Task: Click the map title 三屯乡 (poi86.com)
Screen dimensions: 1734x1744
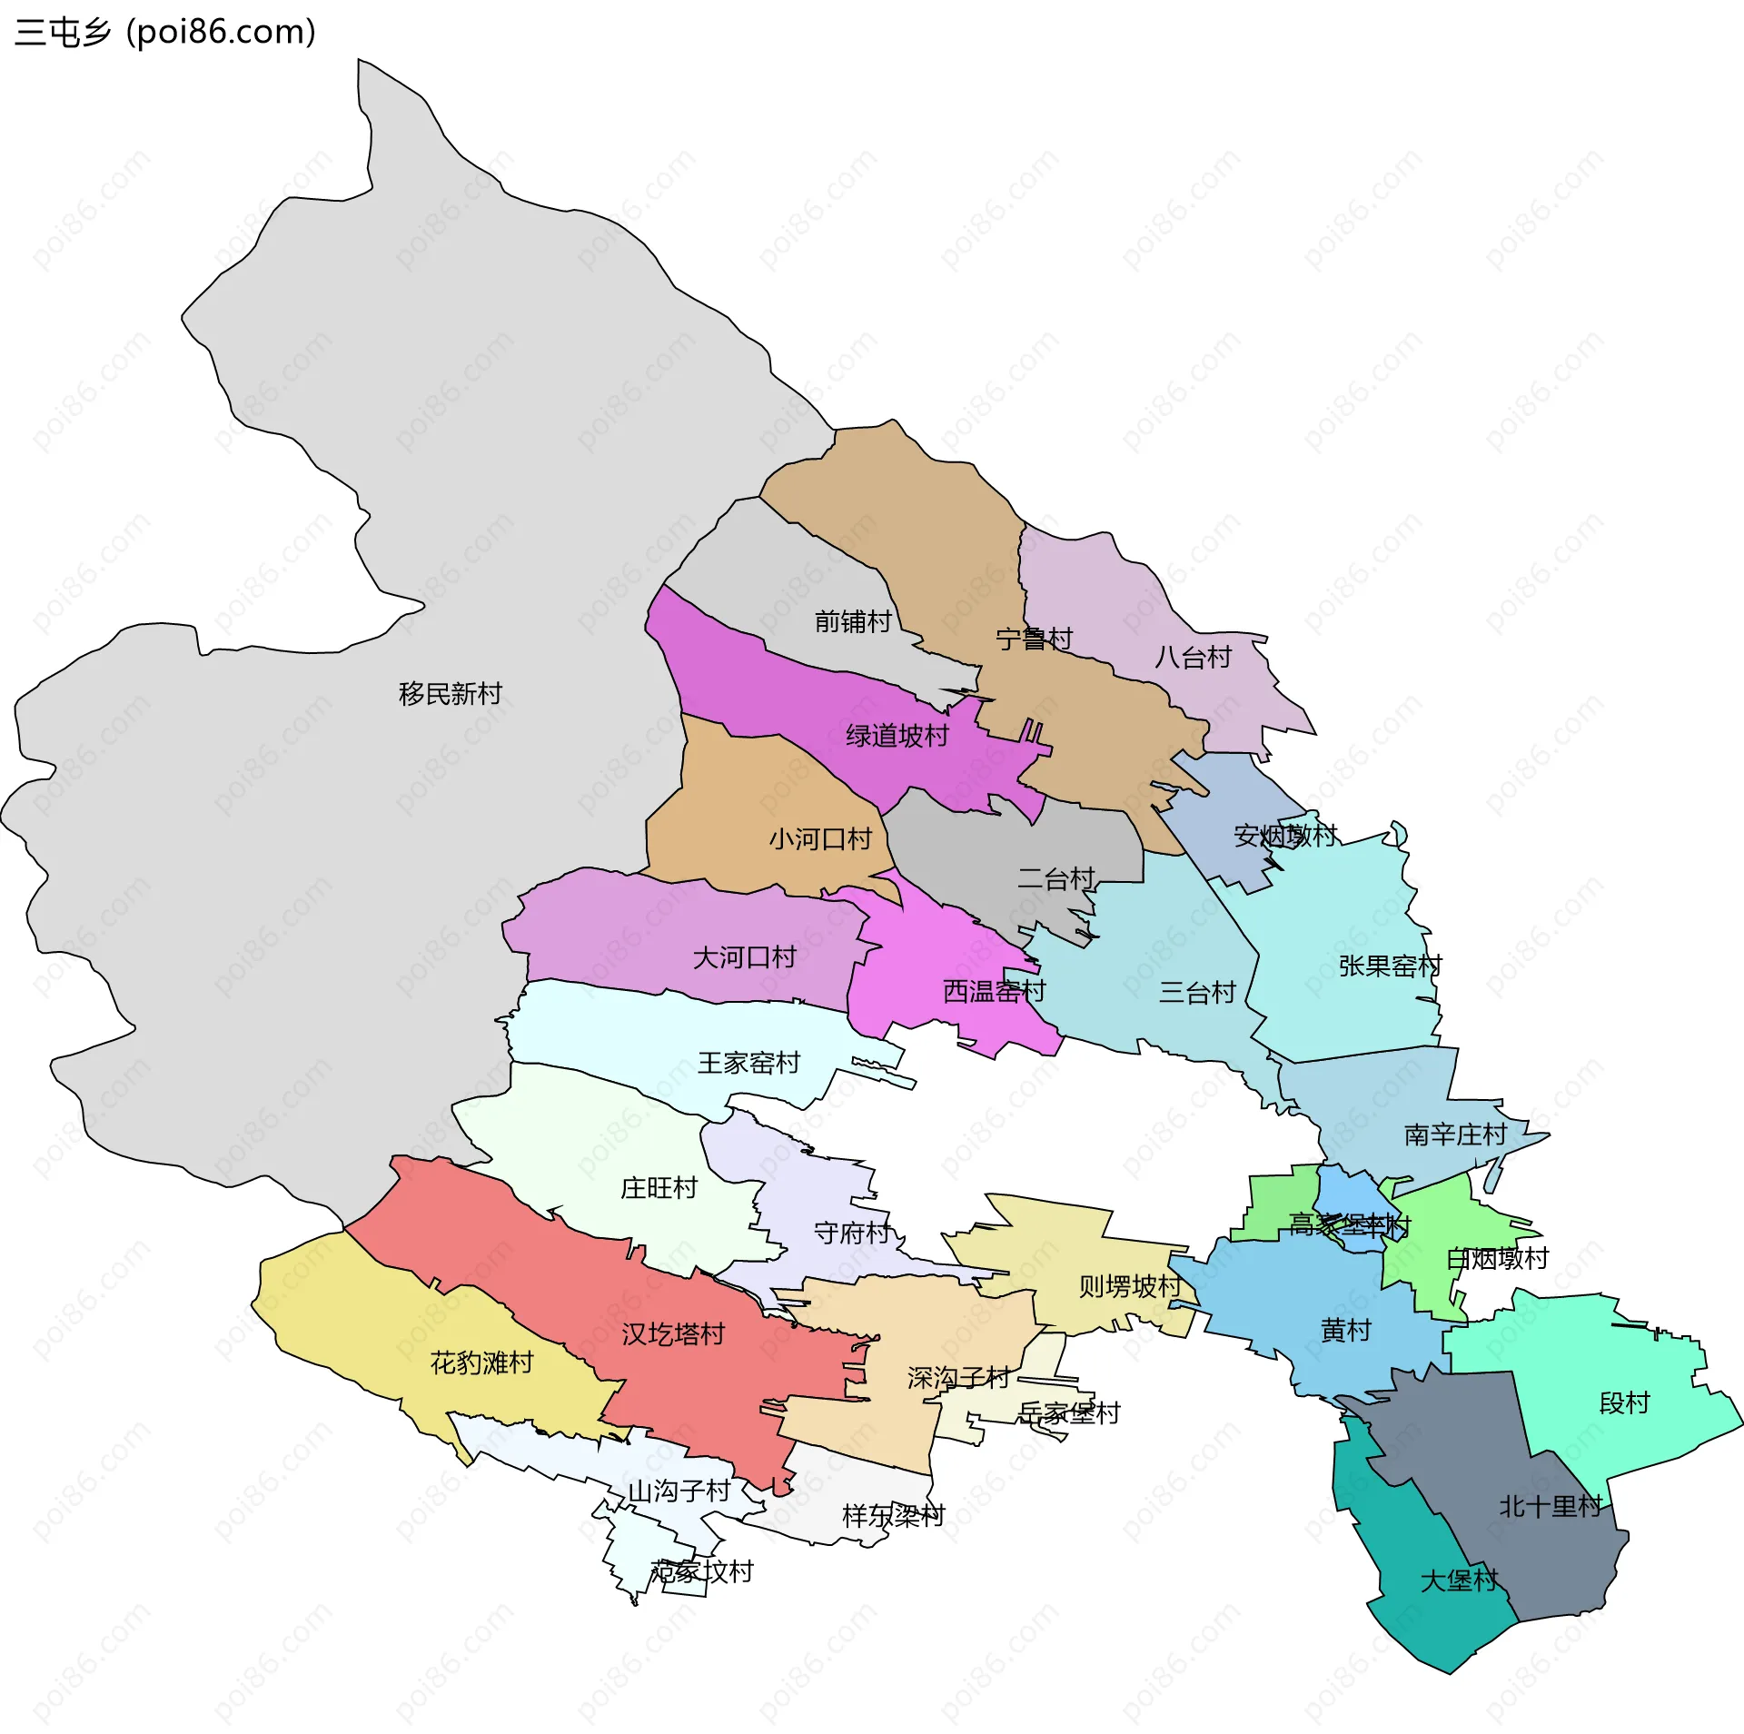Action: click(x=165, y=33)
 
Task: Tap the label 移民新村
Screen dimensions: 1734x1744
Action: click(x=450, y=694)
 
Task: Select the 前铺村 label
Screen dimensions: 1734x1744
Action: click(x=853, y=622)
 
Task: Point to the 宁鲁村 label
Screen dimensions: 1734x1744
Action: click(x=1034, y=639)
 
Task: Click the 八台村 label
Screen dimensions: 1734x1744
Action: click(x=1193, y=658)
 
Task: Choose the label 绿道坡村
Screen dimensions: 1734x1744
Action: click(x=897, y=736)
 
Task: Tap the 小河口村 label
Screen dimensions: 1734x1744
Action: click(x=820, y=838)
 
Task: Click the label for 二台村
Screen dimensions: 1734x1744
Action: click(x=1055, y=879)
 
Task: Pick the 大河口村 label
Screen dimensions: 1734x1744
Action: click(x=744, y=957)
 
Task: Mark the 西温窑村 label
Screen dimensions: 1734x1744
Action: click(x=994, y=991)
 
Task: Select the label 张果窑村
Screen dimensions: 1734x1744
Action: click(x=1390, y=966)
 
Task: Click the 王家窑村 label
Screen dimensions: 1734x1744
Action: click(x=748, y=1063)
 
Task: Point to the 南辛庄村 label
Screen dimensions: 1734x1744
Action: click(x=1455, y=1135)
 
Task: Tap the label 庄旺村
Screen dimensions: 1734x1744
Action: click(x=659, y=1188)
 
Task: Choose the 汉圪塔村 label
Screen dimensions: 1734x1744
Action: click(x=673, y=1334)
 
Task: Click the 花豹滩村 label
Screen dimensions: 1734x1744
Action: click(x=481, y=1362)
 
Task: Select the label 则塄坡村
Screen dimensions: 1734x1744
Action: click(x=1129, y=1286)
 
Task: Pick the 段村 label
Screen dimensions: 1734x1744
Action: click(x=1624, y=1403)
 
